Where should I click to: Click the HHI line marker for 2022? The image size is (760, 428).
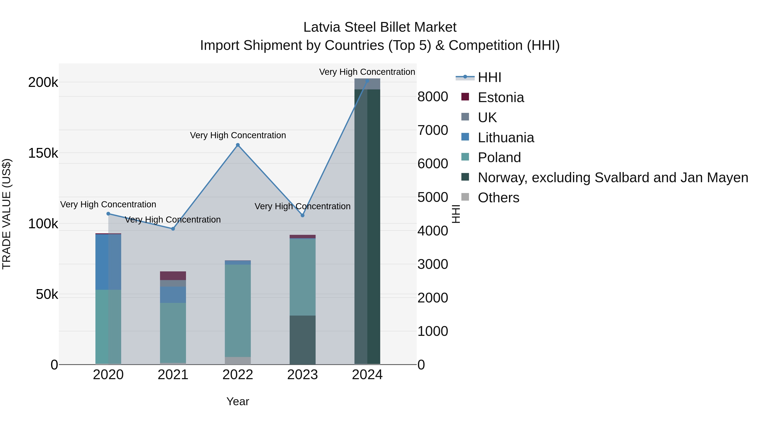(x=238, y=145)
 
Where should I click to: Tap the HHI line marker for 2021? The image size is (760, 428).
(x=173, y=229)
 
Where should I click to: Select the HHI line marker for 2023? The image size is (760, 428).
(x=302, y=216)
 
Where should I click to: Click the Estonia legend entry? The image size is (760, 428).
(x=501, y=97)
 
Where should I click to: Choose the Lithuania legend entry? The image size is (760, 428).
(x=506, y=138)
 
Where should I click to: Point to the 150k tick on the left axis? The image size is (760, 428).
(x=43, y=153)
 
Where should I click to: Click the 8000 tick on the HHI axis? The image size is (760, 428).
(x=433, y=97)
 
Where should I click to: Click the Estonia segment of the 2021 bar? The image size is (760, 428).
(x=173, y=276)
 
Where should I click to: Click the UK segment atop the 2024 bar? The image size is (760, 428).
(x=367, y=84)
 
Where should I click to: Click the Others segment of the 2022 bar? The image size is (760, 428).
(x=238, y=361)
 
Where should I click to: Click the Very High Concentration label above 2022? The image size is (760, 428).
(x=238, y=135)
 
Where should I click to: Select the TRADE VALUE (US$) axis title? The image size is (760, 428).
(x=7, y=214)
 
